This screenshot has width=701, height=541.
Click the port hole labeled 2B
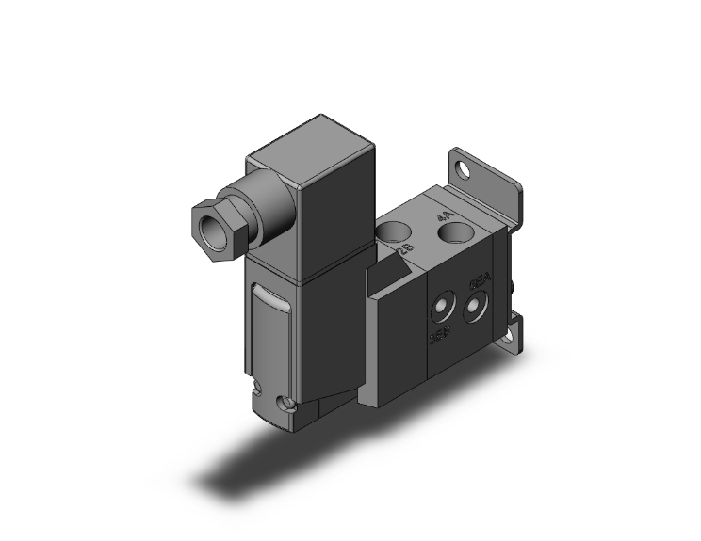pyautogui.click(x=396, y=230)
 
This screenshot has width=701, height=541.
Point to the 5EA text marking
pyautogui.click(x=479, y=283)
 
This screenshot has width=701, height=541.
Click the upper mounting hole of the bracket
pyautogui.click(x=463, y=171)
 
